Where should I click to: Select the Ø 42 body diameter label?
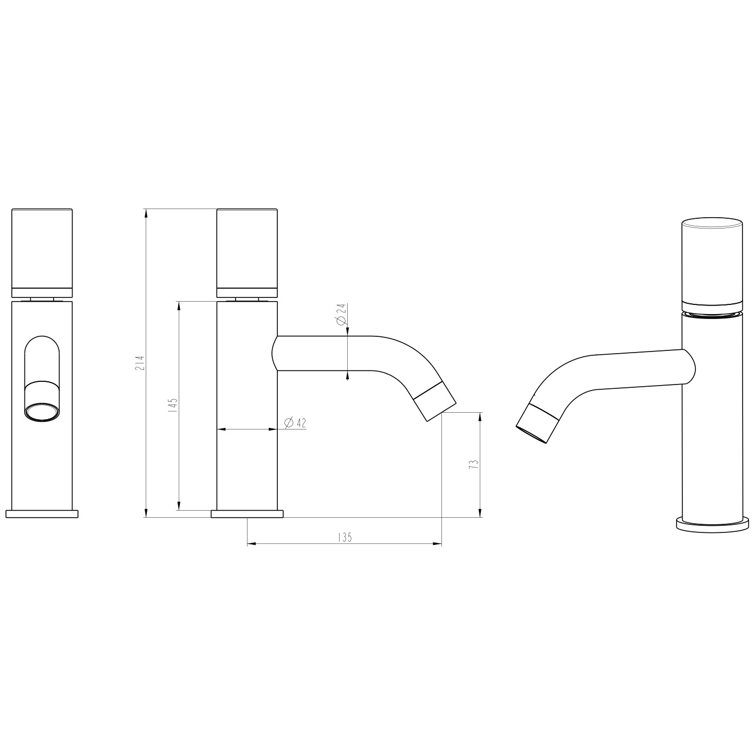point(295,423)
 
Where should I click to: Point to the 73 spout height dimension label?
point(474,464)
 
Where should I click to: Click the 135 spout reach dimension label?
point(345,538)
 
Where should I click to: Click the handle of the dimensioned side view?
point(247,253)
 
